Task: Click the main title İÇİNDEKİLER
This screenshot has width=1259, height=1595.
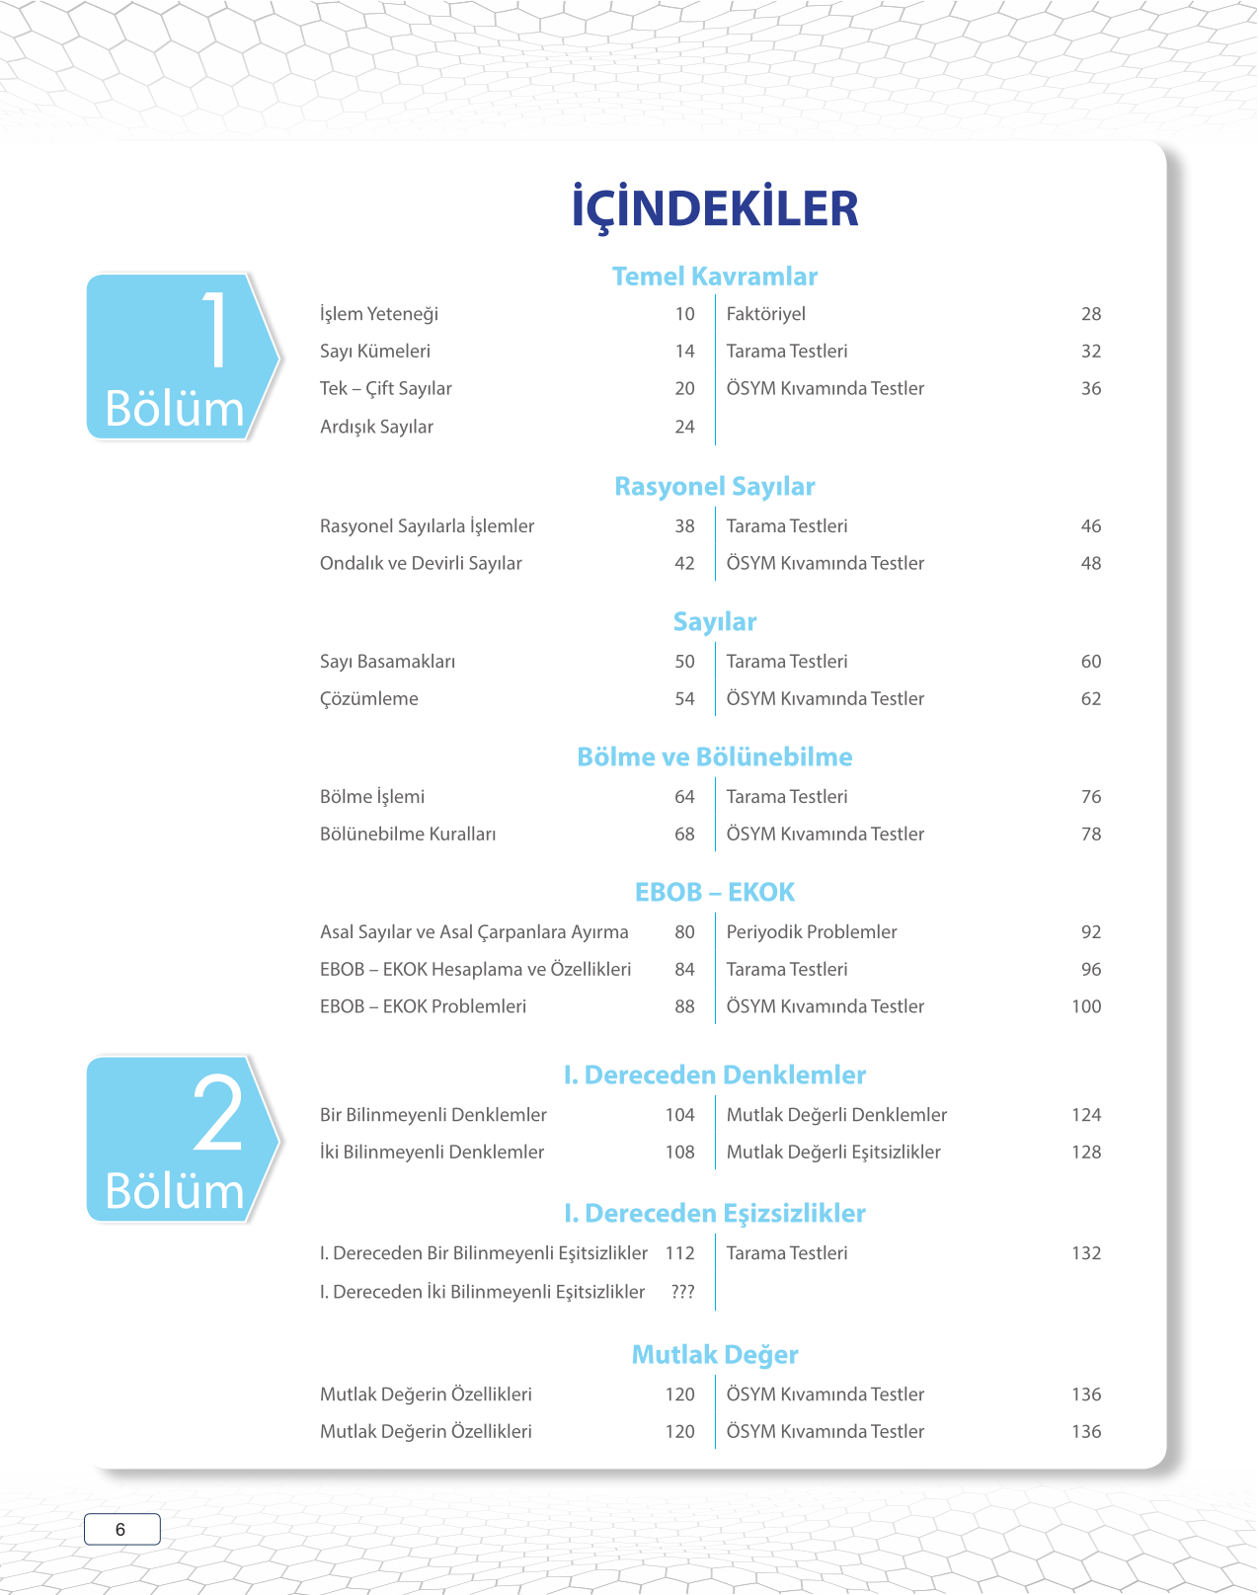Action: tap(715, 208)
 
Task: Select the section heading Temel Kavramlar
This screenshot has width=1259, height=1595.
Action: tap(715, 277)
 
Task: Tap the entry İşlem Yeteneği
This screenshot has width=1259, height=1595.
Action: tap(379, 314)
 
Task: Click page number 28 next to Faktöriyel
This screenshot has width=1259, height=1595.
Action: tap(1090, 314)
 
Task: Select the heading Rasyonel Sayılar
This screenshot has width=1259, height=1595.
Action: tap(715, 487)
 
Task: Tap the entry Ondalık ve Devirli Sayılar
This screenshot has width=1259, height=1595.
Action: tap(421, 563)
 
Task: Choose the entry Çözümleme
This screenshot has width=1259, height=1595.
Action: tap(369, 699)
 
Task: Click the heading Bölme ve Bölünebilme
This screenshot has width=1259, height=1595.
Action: tap(715, 758)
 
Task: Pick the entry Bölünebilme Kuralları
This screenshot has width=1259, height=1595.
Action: tap(408, 835)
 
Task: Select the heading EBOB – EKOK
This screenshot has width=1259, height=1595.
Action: tap(715, 893)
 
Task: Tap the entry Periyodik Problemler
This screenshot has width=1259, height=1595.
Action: tap(812, 932)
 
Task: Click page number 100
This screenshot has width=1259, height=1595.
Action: tap(1086, 1006)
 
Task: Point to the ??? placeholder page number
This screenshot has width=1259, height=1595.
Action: tap(682, 1292)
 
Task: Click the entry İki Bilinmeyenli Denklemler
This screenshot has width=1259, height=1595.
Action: tap(433, 1153)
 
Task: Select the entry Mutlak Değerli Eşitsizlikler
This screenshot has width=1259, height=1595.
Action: tap(833, 1153)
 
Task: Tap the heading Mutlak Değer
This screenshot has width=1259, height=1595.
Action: tap(715, 1355)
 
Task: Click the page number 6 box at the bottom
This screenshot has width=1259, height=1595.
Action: tap(121, 1530)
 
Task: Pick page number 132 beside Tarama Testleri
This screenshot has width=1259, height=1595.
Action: tap(1086, 1253)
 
